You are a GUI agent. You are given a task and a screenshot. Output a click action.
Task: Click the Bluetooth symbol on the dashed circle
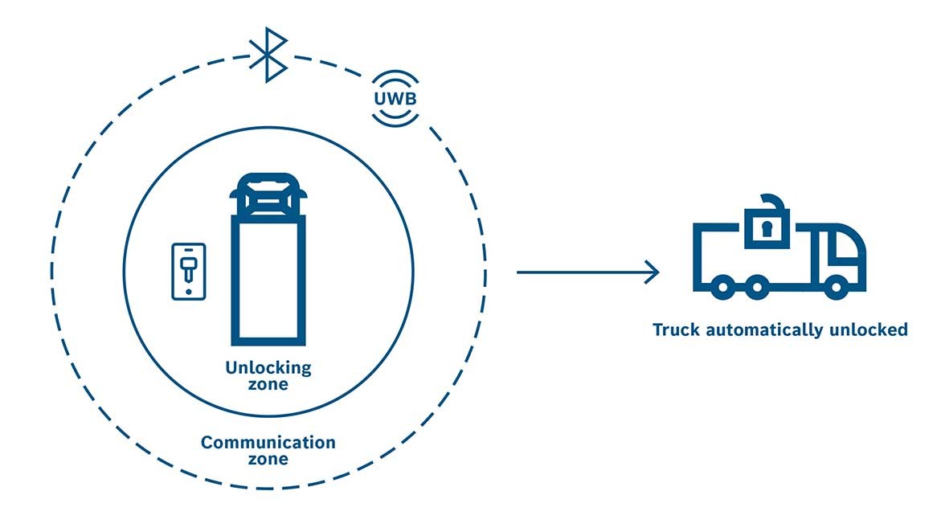(268, 55)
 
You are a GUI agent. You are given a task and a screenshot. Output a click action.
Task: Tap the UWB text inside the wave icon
(396, 99)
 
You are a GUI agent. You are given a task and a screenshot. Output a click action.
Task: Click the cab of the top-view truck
(268, 195)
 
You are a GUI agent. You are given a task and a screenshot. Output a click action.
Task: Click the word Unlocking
(268, 368)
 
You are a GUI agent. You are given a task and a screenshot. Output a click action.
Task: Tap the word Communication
(268, 443)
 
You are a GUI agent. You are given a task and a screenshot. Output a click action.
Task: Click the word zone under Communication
(268, 460)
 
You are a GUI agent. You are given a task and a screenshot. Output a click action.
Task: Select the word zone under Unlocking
(268, 385)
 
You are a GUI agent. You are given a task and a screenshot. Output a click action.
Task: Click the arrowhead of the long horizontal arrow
(652, 272)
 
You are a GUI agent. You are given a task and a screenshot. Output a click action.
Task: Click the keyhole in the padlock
(767, 231)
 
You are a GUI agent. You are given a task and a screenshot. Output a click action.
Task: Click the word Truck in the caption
(674, 329)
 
